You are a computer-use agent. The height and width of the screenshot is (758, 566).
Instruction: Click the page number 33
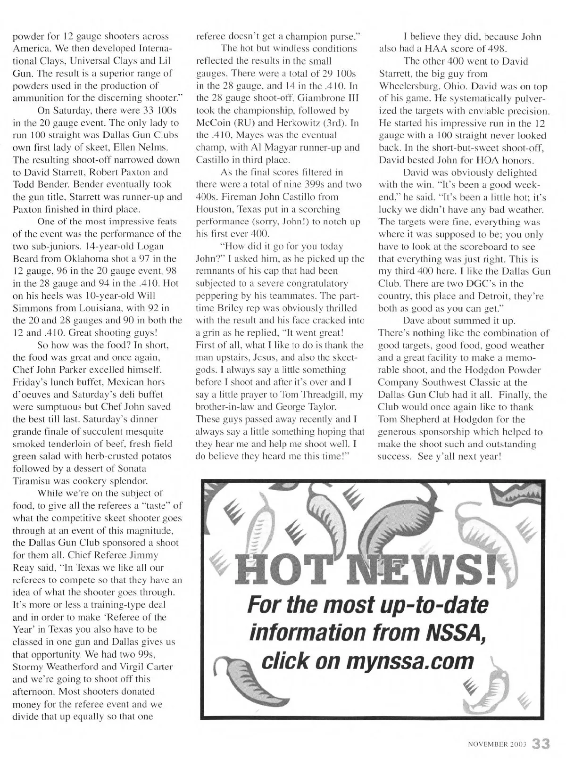coord(541,743)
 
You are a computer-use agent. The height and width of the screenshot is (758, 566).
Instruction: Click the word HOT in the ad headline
coord(276,570)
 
